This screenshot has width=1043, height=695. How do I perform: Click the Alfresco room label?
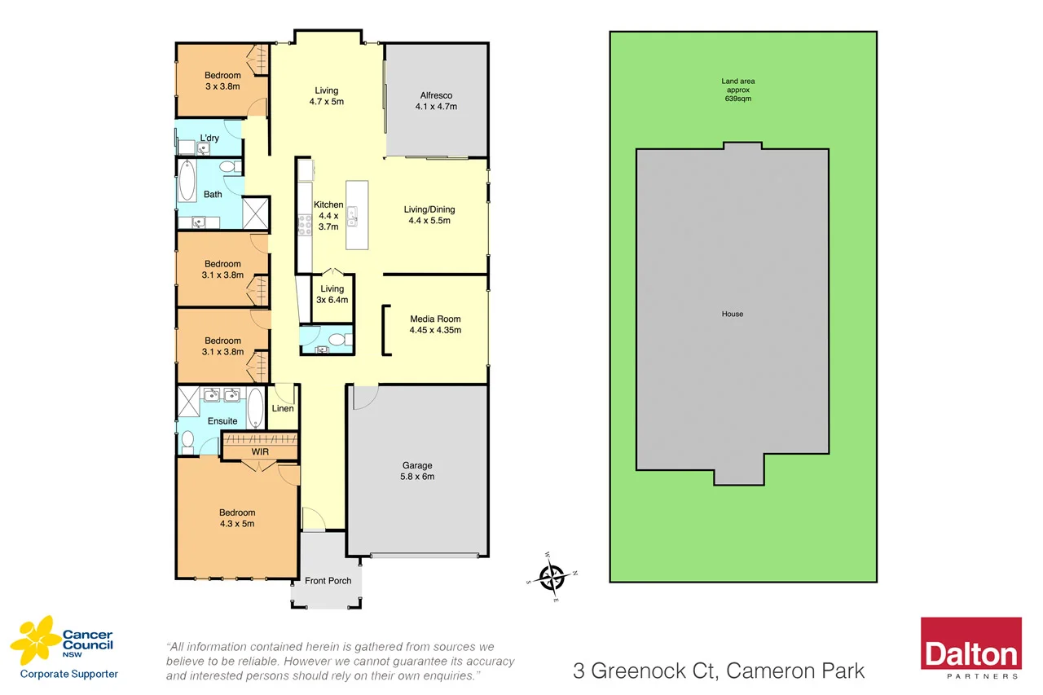(435, 101)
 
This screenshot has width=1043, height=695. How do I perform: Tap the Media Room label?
(435, 324)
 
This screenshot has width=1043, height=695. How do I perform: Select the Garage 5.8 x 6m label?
(417, 471)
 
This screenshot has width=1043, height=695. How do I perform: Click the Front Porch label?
(328, 581)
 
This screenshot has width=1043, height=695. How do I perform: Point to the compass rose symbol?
(553, 577)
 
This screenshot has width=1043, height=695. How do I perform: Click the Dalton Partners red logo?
(970, 649)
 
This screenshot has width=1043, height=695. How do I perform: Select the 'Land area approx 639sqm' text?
(737, 90)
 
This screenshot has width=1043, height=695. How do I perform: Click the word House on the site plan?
(732, 314)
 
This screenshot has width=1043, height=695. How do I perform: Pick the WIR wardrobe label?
(260, 451)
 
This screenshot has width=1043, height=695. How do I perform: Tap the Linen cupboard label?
(283, 408)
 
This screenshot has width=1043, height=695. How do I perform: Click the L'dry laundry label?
(209, 139)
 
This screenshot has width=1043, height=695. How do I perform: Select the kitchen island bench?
(357, 215)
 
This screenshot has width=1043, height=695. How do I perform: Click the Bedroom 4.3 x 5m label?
(236, 518)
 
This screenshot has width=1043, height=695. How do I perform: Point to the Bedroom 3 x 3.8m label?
(222, 81)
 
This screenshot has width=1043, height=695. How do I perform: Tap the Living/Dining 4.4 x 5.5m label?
(429, 215)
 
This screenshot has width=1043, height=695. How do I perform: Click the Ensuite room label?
(222, 421)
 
